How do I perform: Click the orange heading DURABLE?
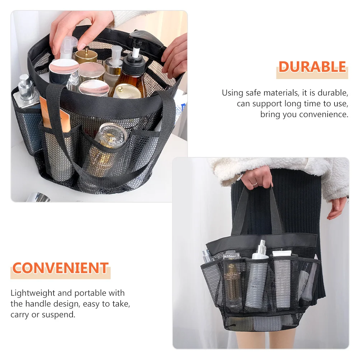(312, 67)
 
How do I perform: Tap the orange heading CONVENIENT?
(60, 268)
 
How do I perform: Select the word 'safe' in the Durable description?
(254, 93)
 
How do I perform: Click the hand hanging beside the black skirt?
(337, 207)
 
